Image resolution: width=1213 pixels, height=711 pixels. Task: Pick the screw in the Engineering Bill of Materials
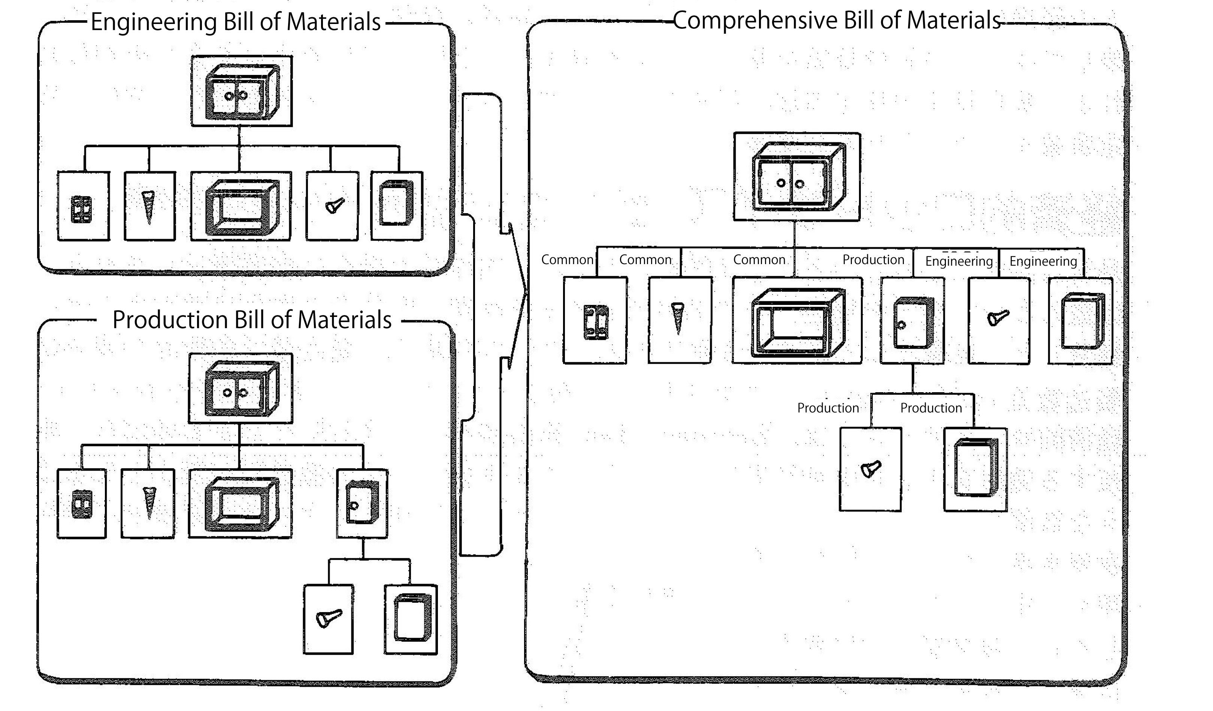(149, 207)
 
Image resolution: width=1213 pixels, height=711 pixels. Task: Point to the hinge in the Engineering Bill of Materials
(81, 209)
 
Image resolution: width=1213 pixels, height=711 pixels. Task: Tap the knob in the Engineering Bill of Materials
(335, 206)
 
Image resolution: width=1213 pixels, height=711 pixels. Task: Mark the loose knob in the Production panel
(329, 618)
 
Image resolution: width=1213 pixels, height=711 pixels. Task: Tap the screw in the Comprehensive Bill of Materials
(678, 318)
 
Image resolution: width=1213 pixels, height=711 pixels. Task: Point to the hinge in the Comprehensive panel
(596, 322)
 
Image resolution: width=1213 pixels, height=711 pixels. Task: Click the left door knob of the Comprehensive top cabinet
(781, 183)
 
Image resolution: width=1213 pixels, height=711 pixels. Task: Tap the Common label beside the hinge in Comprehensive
(567, 260)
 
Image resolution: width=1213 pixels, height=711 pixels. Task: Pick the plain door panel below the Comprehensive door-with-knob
(976, 467)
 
